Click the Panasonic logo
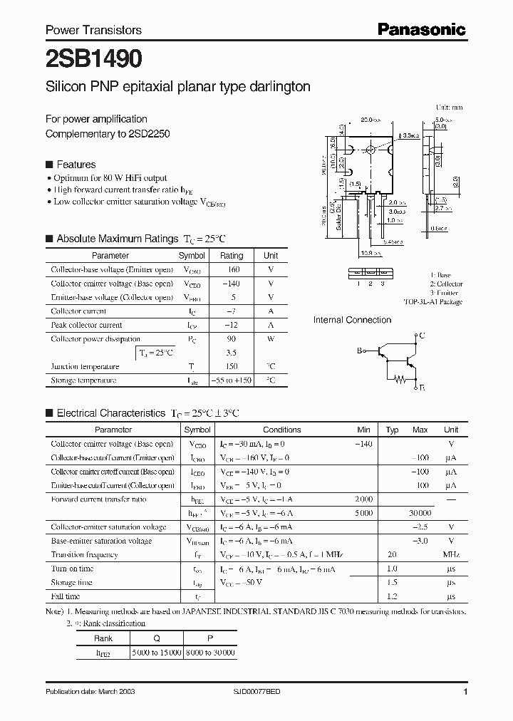tap(421, 29)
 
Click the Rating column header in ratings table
tap(232, 255)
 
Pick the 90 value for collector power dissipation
tap(232, 339)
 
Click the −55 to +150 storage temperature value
tap(232, 380)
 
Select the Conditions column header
tap(281, 430)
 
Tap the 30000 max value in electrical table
tap(420, 513)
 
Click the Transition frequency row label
tap(84, 554)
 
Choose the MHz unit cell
tap(450, 554)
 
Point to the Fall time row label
tap(65, 596)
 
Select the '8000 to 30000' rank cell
tap(211, 652)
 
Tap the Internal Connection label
tap(352, 320)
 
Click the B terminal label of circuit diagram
tap(360, 350)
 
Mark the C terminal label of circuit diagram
tap(423, 335)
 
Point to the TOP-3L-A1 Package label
tap(432, 301)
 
